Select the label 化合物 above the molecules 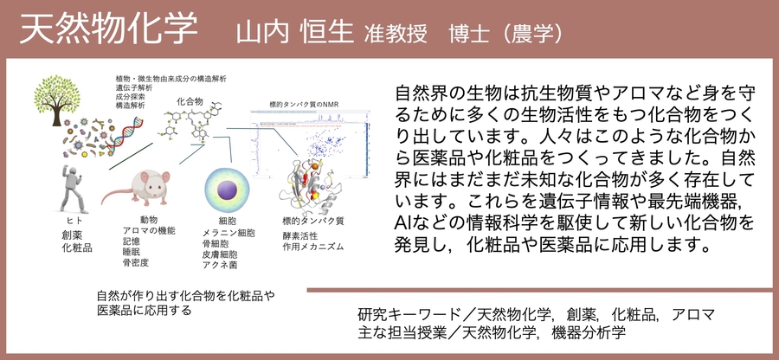(189, 101)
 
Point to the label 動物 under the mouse (148, 220)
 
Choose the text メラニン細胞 (229, 234)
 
